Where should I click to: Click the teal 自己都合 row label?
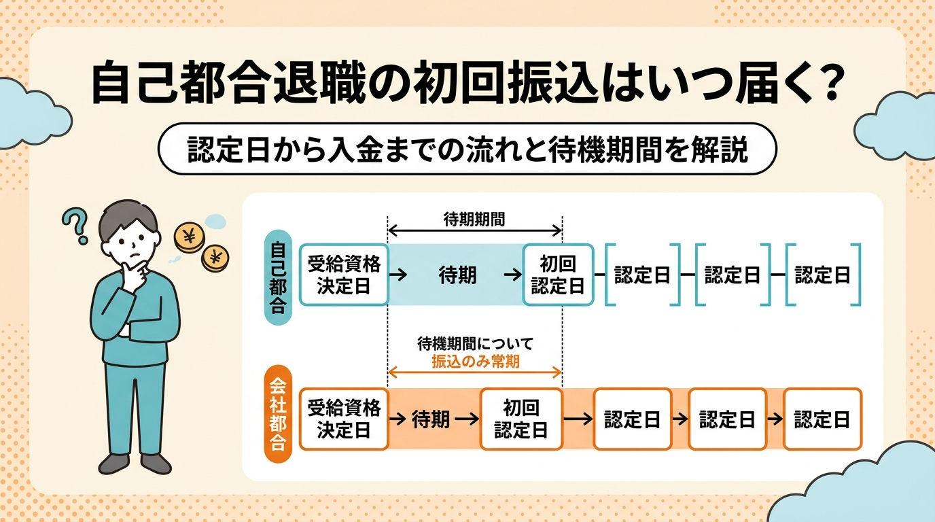tap(277, 275)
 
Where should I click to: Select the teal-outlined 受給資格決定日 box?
tap(343, 275)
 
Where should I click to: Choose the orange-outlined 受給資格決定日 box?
tap(343, 419)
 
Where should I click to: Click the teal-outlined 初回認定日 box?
tap(557, 275)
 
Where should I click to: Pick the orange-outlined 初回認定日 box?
tap(521, 419)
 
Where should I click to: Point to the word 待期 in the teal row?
tap(457, 275)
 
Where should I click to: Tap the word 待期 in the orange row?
tap(431, 419)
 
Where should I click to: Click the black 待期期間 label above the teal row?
tap(474, 219)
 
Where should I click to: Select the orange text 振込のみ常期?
tap(475, 362)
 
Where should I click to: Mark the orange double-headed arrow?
tap(474, 372)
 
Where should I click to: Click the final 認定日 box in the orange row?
tap(822, 419)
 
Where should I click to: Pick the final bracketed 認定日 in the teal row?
tap(822, 275)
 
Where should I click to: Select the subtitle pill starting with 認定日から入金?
tap(467, 149)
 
